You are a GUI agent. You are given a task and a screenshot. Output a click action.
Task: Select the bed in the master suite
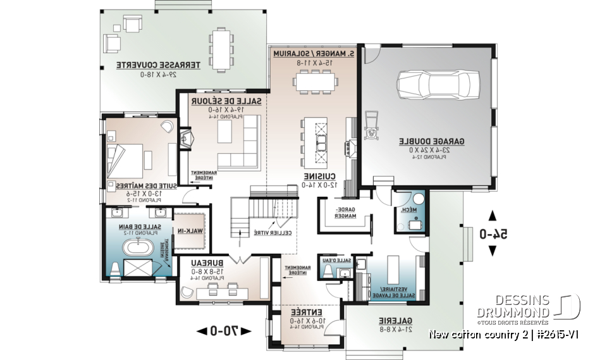tap(131, 155)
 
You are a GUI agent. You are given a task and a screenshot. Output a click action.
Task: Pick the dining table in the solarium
tap(314, 82)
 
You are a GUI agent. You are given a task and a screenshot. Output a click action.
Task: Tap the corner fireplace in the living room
tap(185, 139)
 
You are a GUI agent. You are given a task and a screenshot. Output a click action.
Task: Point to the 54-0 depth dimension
tap(491, 234)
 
